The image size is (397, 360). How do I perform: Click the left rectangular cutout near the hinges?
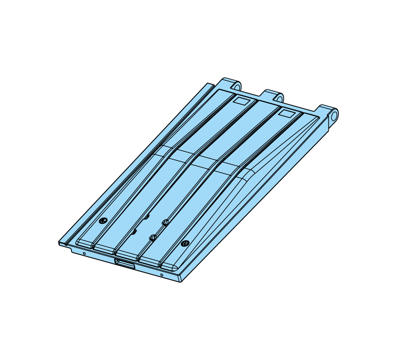(241, 100)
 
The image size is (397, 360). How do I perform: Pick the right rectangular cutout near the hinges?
(287, 113)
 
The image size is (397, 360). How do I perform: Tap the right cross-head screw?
(185, 243)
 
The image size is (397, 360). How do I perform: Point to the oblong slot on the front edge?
(125, 263)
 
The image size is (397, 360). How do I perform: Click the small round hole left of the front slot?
(84, 253)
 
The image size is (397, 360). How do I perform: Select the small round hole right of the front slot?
(162, 275)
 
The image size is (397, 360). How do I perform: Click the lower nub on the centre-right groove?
(153, 238)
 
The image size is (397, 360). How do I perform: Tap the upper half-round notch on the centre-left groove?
(147, 217)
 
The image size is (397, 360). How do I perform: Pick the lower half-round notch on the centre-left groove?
(134, 231)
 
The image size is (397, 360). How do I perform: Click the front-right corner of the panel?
(181, 281)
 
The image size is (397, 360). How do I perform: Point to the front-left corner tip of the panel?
(59, 243)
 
